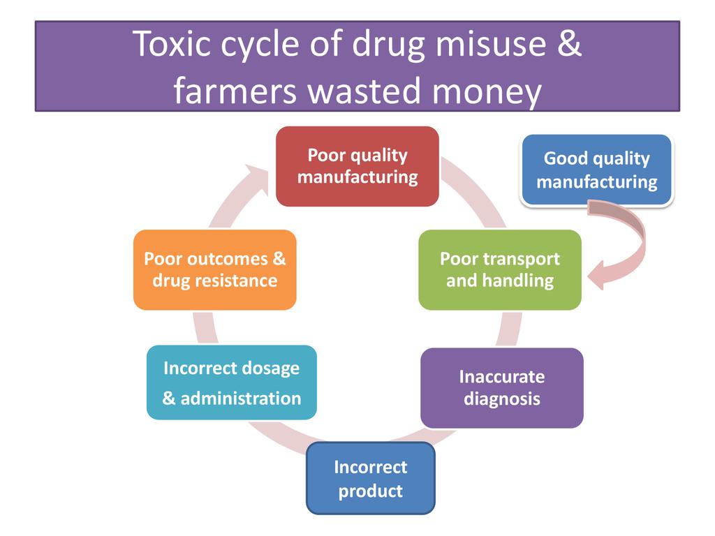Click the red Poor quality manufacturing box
click(x=357, y=166)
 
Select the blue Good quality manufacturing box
click(x=596, y=170)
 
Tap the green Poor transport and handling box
click(x=499, y=269)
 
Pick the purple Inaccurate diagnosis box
click(x=501, y=387)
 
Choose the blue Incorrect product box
click(x=370, y=478)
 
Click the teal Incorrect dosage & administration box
click(x=231, y=382)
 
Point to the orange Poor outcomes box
click(x=214, y=269)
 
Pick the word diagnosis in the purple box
click(x=501, y=399)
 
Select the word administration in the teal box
click(x=240, y=399)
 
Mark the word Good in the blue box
click(x=564, y=158)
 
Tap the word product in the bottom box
click(x=370, y=491)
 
